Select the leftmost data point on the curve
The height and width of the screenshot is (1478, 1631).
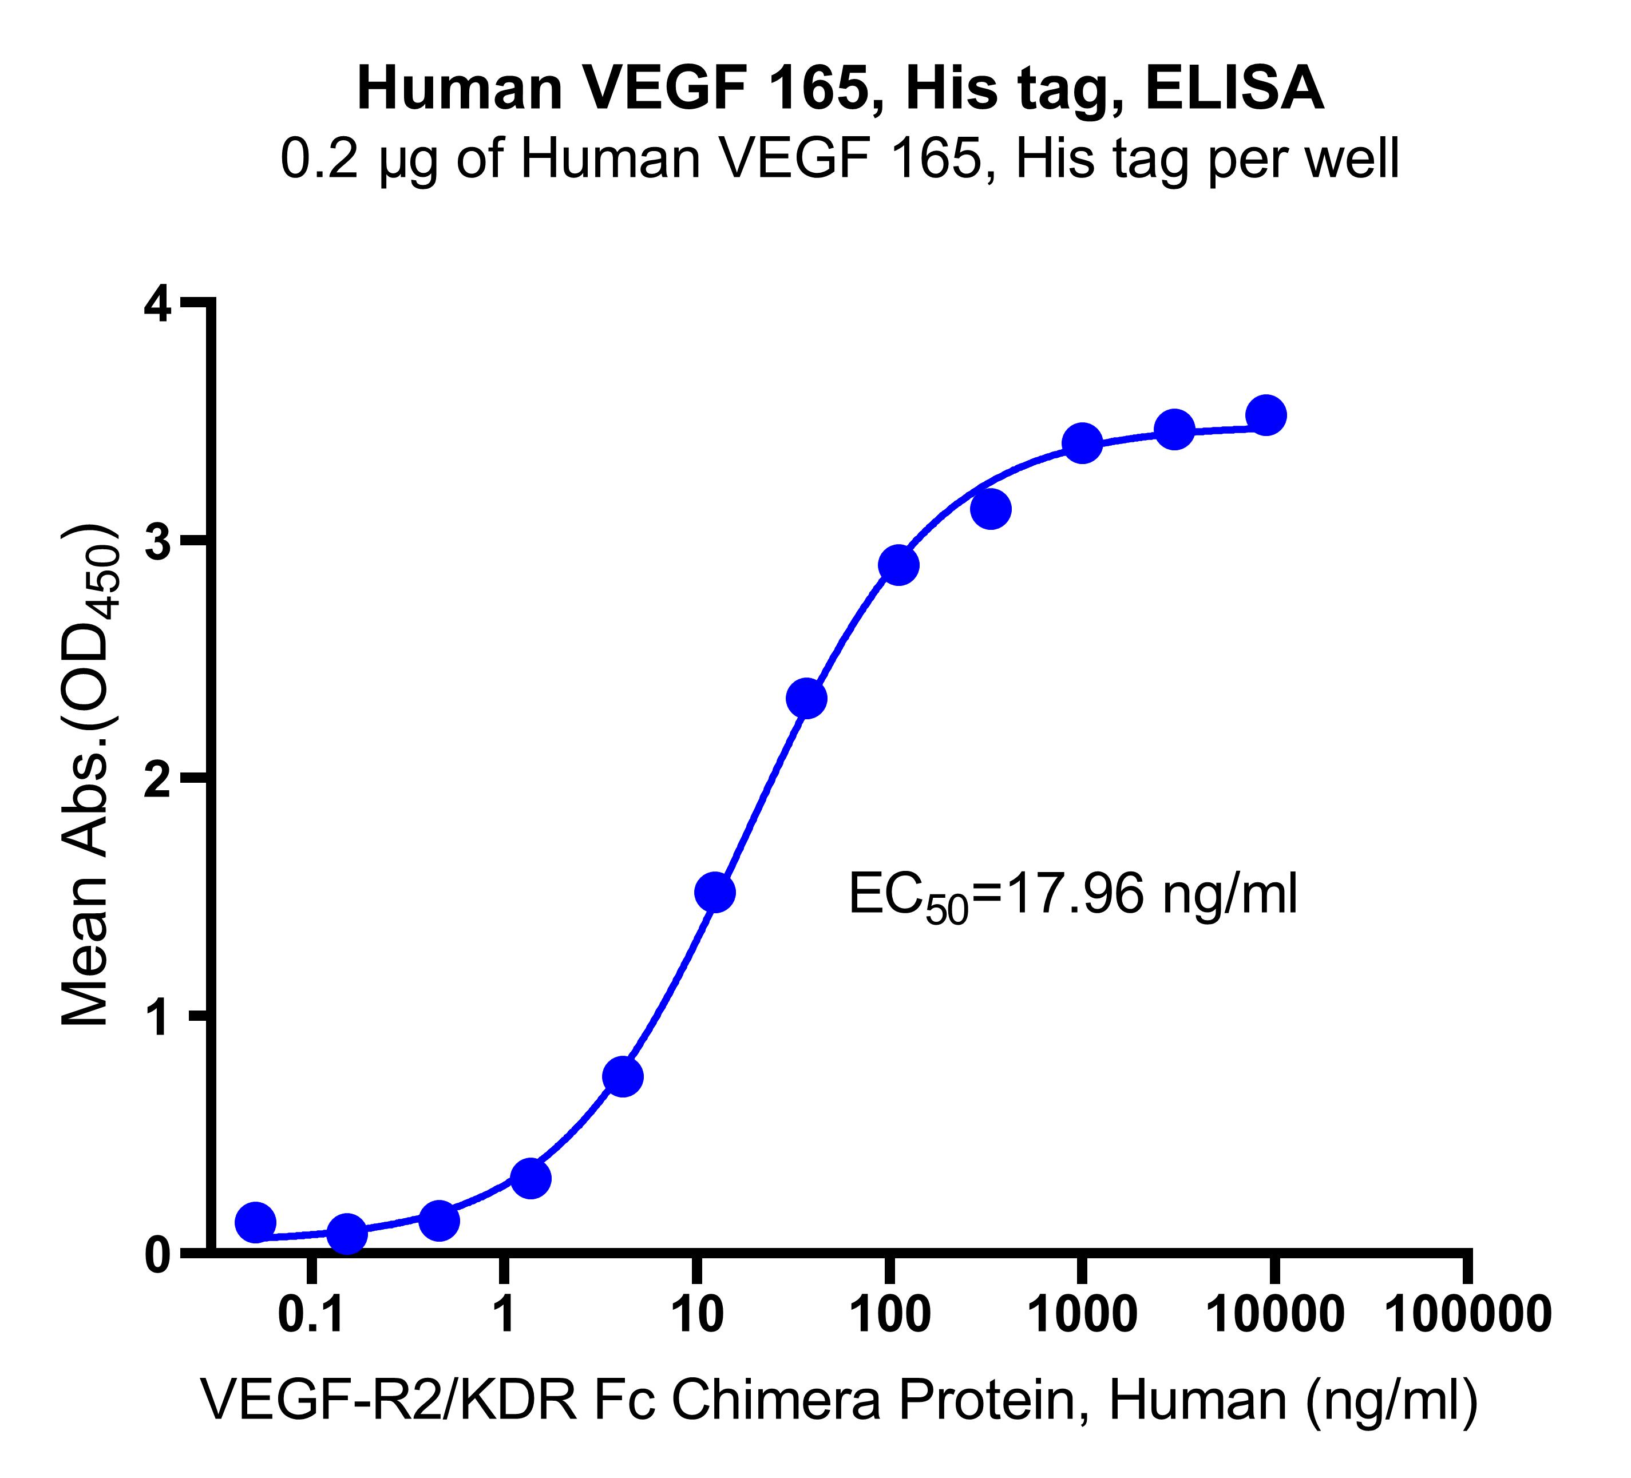point(256,1222)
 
